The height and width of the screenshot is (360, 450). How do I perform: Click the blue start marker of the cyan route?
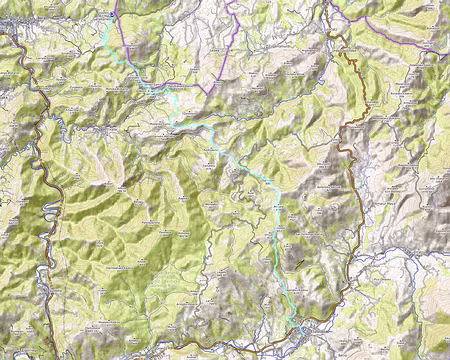click(111, 16)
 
